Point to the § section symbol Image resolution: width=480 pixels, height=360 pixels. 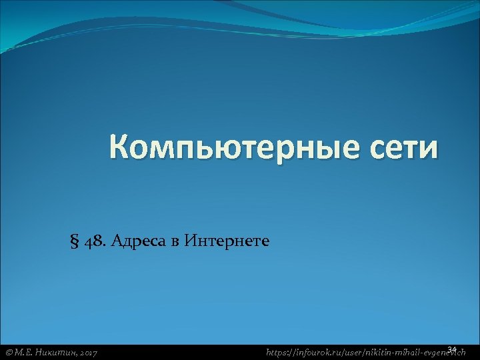(x=73, y=240)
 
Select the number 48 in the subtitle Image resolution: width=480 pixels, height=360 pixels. (x=92, y=240)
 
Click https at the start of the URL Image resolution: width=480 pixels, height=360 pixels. (x=277, y=351)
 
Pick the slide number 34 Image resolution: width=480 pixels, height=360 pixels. (x=452, y=348)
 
